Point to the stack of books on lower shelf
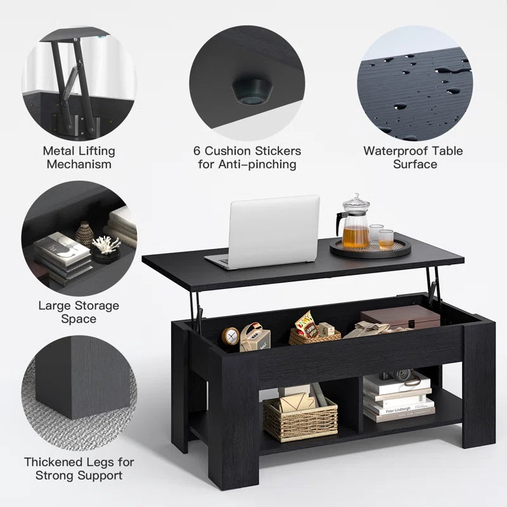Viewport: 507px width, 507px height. (x=397, y=399)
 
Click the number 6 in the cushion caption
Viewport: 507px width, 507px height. (x=198, y=151)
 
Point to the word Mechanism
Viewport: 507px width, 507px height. (x=79, y=164)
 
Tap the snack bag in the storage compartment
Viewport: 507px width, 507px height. (x=305, y=325)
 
